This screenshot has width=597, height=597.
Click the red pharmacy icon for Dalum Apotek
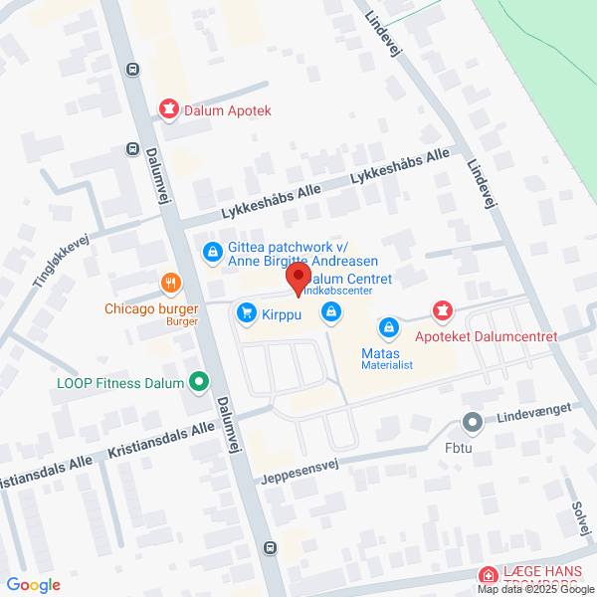[171, 110]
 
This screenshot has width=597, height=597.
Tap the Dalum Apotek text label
[228, 111]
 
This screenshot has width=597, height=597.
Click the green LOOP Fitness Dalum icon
[199, 380]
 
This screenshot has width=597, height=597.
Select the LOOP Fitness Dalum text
[120, 383]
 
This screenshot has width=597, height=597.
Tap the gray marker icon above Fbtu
[473, 423]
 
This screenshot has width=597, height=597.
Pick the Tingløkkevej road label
[61, 261]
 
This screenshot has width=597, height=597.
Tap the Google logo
[33, 585]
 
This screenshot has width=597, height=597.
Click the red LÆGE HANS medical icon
[488, 576]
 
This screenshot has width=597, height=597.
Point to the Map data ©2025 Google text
[534, 589]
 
